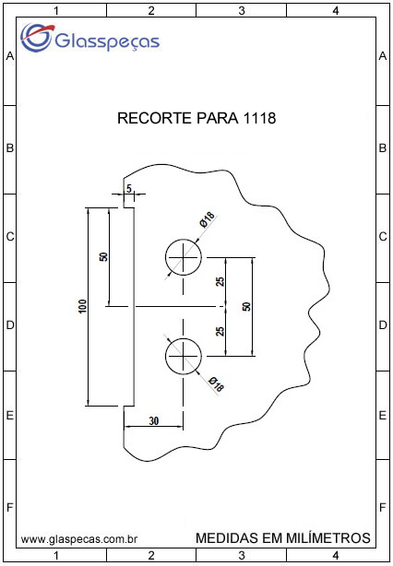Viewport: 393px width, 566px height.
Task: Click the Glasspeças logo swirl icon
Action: click(36, 37)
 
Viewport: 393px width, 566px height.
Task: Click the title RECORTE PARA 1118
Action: click(196, 118)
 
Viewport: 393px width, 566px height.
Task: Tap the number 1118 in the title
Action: click(259, 118)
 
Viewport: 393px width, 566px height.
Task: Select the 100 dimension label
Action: click(83, 306)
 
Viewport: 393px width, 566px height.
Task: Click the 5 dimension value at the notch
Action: click(129, 188)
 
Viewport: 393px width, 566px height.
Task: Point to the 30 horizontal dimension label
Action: click(154, 420)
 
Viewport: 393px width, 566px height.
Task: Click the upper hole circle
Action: click(184, 240)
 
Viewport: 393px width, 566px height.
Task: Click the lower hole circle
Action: click(184, 338)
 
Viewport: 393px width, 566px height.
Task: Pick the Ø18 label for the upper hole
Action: click(207, 219)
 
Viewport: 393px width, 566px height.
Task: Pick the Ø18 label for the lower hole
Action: click(217, 384)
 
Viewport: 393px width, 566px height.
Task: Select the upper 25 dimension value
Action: click(220, 281)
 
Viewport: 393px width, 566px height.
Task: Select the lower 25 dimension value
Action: click(220, 331)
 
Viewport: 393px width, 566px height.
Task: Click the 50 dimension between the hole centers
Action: click(246, 306)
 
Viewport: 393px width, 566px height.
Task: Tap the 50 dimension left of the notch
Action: click(103, 256)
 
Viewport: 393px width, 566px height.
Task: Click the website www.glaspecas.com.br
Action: click(78, 539)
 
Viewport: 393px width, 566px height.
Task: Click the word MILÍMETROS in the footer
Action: click(328, 537)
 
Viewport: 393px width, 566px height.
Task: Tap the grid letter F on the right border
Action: click(383, 508)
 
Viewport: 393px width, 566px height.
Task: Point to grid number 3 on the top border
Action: click(242, 11)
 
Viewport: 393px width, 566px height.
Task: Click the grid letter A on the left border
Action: click(10, 56)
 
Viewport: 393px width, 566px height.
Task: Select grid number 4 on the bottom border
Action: click(336, 554)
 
